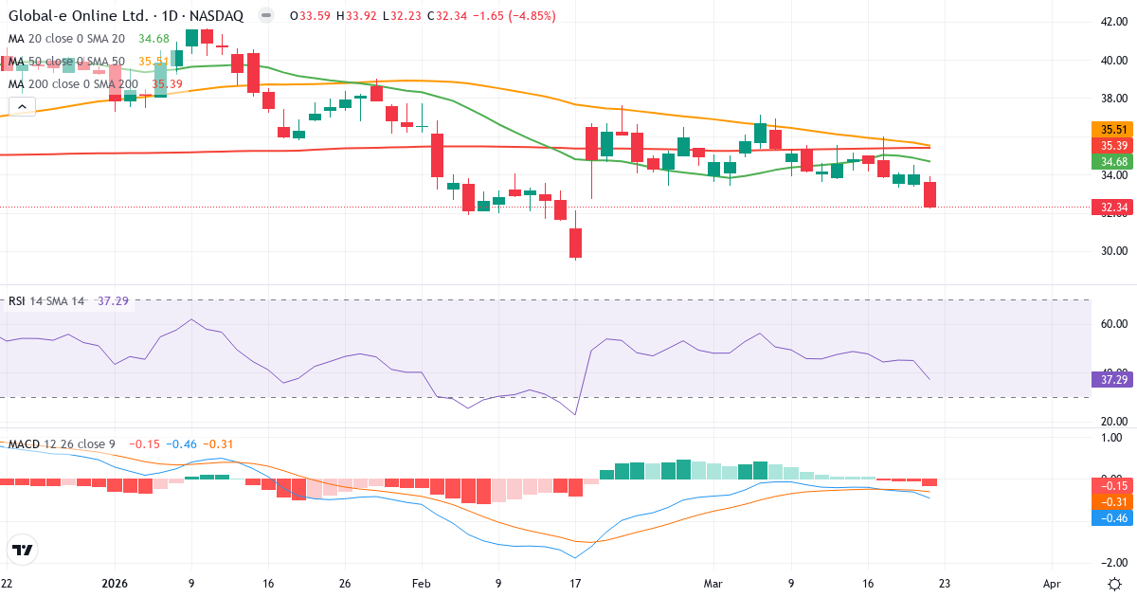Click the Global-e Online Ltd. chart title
pos(80,16)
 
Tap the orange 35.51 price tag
pos(1113,129)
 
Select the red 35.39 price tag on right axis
pos(1113,145)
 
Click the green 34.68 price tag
pos(1113,162)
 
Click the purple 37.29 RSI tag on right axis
pos(1113,379)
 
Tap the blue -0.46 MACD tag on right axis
pos(1113,518)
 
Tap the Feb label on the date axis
pos(422,583)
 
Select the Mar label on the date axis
pos(713,583)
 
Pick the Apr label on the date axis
pos(1052,583)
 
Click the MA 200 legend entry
pos(74,84)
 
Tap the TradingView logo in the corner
pos(22,551)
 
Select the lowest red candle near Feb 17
pos(575,243)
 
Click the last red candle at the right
pos(930,194)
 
